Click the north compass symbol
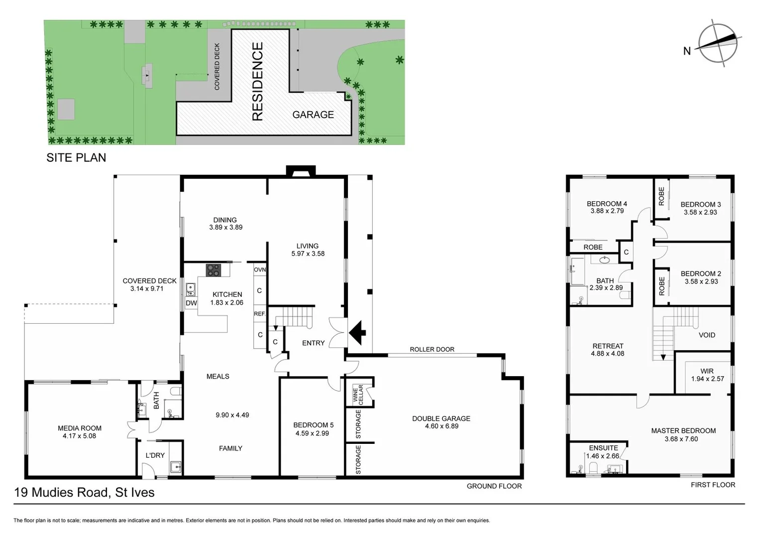(x=718, y=43)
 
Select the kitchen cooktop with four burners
(x=213, y=269)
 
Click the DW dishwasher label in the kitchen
(x=191, y=303)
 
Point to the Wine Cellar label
(x=358, y=394)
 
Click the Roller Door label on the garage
(x=432, y=349)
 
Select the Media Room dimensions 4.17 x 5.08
(x=79, y=436)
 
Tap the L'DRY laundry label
(x=155, y=455)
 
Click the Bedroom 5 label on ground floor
(x=313, y=425)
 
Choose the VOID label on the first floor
(x=707, y=335)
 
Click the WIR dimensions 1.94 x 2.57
(x=707, y=379)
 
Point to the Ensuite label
(x=603, y=448)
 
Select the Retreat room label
(x=608, y=346)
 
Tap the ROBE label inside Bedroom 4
(x=593, y=247)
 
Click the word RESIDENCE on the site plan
(x=257, y=81)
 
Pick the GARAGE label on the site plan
(x=313, y=115)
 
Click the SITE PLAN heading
(x=76, y=157)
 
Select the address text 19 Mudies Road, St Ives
(x=84, y=492)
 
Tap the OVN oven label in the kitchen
(x=260, y=269)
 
